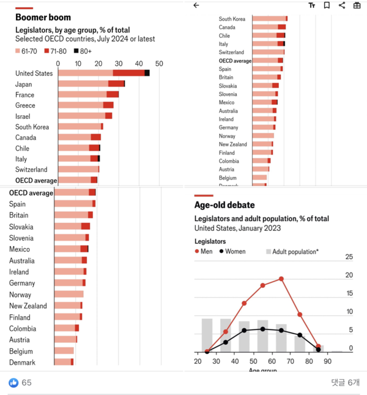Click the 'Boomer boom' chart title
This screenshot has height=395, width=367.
[43, 18]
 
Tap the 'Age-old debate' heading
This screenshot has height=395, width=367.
[224, 205]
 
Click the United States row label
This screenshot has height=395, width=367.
[34, 73]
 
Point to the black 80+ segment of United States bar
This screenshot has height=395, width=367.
[147, 73]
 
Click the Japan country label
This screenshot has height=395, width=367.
[24, 85]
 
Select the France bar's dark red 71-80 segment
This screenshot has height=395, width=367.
[113, 95]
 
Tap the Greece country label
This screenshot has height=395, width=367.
[25, 105]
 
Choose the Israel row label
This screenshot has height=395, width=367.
[24, 116]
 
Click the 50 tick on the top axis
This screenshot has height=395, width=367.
[159, 63]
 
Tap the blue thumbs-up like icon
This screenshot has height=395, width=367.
[13, 383]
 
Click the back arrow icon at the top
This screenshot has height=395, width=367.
[196, 6]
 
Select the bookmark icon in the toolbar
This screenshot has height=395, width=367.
[327, 6]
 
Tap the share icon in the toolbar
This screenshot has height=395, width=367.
[342, 6]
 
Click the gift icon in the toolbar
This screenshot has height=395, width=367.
[357, 6]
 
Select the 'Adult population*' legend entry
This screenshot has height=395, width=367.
[292, 252]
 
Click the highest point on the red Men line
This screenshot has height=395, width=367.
[281, 279]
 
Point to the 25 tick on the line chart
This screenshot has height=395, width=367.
[349, 257]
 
